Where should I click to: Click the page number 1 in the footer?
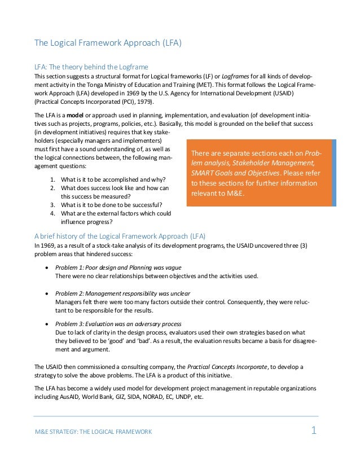point(314,431)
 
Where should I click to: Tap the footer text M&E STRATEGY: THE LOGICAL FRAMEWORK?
point(93,432)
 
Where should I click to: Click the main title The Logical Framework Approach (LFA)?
point(108,43)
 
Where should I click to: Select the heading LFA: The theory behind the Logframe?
point(91,66)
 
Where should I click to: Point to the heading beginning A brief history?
point(120,235)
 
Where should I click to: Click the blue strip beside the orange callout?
point(334,173)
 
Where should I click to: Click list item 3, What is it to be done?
point(108,205)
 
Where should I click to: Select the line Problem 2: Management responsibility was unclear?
point(122,293)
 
